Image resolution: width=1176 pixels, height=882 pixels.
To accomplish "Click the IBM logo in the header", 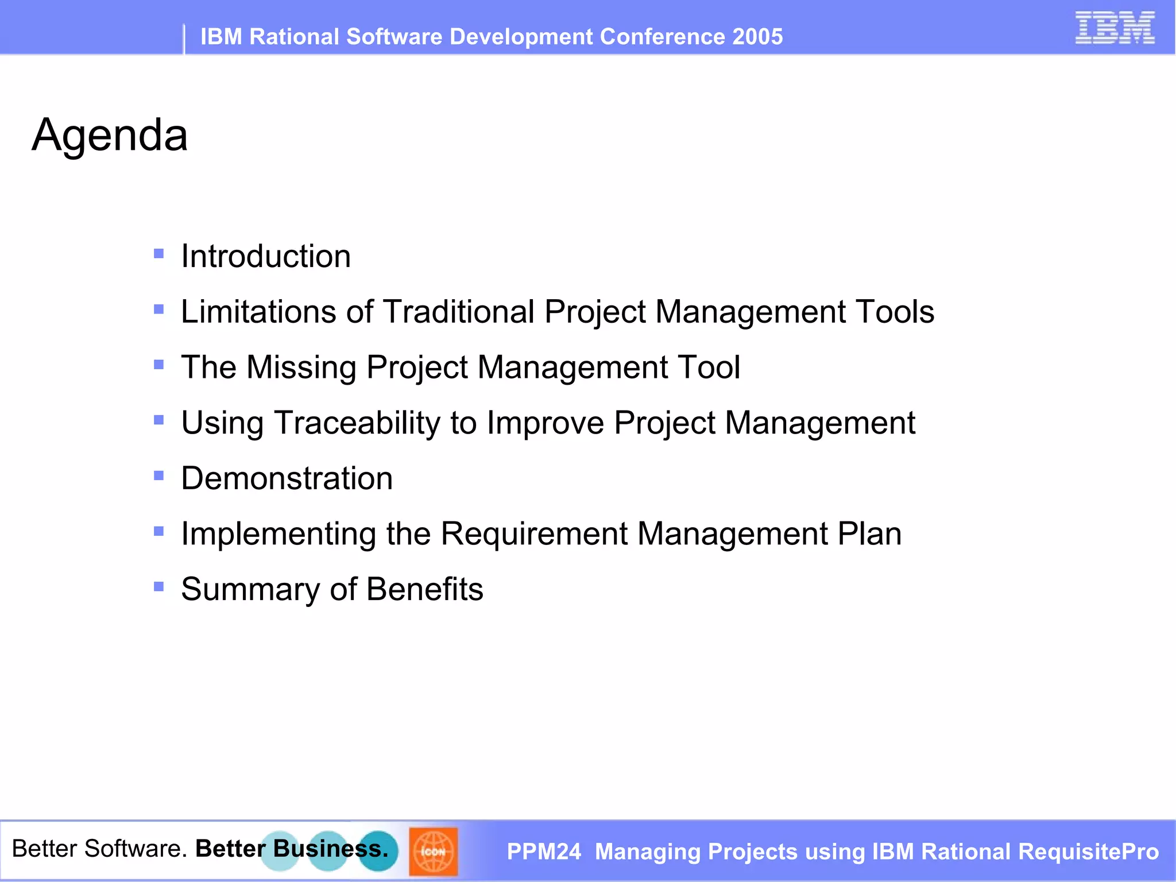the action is (1115, 28).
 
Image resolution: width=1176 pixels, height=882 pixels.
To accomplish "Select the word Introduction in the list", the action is (266, 256).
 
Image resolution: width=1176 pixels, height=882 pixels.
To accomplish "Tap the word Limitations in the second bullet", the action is (258, 312).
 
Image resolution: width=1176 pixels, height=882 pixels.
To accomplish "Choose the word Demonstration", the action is (287, 478).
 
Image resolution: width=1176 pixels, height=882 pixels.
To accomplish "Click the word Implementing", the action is (278, 535).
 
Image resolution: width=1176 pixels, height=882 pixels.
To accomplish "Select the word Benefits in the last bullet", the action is (425, 590).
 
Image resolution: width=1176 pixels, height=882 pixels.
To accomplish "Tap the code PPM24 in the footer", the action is (544, 852).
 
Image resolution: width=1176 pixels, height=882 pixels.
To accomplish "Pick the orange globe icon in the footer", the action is (433, 852).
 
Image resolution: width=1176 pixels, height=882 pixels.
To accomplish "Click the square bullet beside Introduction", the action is (159, 253).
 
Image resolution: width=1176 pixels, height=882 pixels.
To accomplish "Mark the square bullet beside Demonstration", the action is (159, 475).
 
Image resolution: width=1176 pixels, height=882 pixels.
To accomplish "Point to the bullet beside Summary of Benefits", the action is (159, 586).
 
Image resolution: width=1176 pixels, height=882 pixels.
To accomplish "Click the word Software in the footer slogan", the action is (136, 849).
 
